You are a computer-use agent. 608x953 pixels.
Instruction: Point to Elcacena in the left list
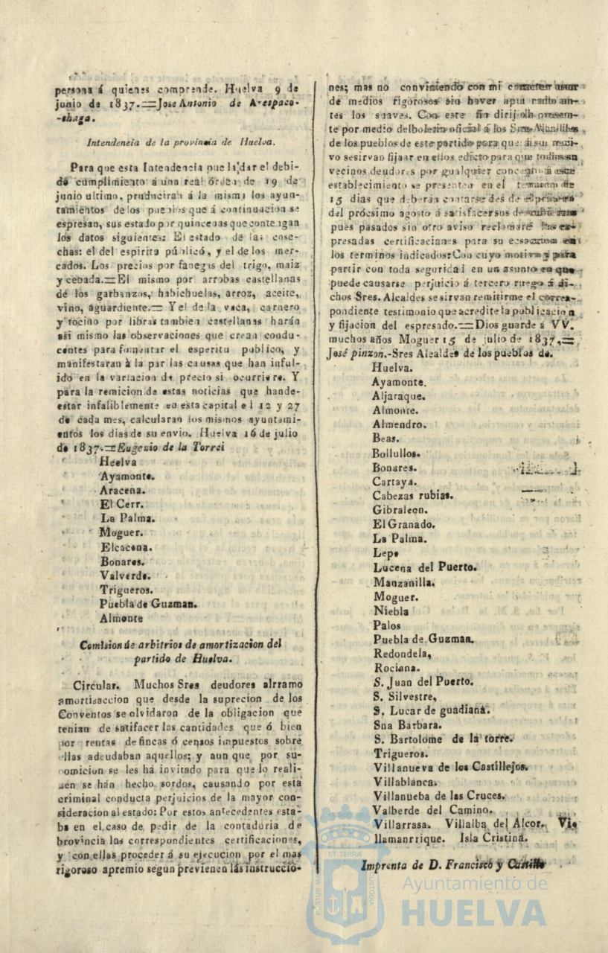point(127,547)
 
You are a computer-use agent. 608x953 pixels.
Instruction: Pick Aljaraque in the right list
point(399,396)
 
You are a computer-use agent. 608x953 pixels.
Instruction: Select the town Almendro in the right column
point(399,424)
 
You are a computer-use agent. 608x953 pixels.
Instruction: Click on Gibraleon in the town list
point(400,510)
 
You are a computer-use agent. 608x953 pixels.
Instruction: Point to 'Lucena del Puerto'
point(425,567)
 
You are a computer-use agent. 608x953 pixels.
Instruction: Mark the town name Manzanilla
point(404,582)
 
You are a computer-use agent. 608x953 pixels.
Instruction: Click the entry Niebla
point(391,611)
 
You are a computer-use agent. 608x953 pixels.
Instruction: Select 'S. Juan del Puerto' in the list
point(423,681)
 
